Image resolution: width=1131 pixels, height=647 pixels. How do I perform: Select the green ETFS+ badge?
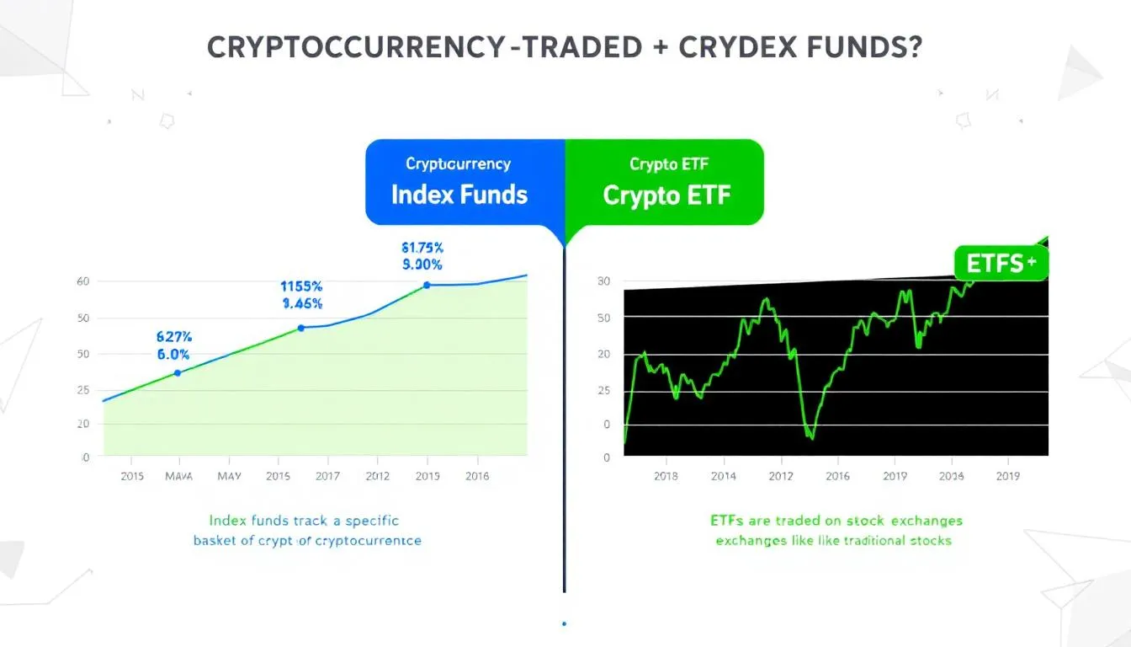[x=1001, y=263]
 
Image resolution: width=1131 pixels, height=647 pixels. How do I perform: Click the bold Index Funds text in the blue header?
[x=459, y=195]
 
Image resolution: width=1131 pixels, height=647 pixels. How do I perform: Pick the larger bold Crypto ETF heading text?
[x=666, y=195]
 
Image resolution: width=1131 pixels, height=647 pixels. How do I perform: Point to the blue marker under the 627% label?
[x=177, y=372]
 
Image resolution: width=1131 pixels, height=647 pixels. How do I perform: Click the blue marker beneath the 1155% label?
[x=301, y=328]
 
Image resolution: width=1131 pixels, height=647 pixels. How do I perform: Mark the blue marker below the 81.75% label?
[x=427, y=286]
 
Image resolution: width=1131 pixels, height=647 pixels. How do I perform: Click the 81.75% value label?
[x=422, y=248]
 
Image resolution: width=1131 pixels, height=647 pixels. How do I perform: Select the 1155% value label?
[x=301, y=286]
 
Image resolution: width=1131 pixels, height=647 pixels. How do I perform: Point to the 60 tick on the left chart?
[x=82, y=281]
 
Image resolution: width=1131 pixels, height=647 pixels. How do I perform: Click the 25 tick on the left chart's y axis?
[x=82, y=390]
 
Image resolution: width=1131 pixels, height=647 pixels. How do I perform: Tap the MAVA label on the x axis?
[x=178, y=476]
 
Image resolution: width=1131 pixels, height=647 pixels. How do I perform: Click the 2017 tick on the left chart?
[x=327, y=476]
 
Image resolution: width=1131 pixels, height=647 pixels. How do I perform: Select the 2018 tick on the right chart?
[x=666, y=476]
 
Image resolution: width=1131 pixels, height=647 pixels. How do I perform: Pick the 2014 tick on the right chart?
[x=724, y=476]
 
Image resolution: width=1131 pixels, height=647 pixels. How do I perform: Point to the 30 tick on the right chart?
[x=603, y=281]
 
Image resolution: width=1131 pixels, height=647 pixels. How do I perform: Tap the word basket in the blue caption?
[x=216, y=540]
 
